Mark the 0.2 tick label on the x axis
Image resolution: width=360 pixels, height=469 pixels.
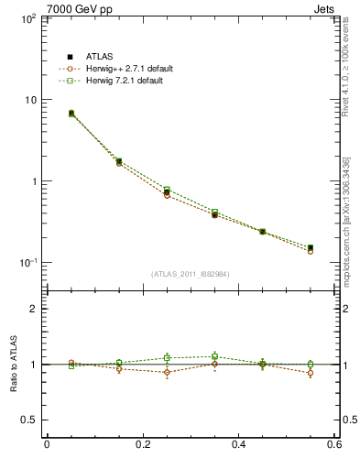click(143, 444)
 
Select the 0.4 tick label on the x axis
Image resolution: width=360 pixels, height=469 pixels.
click(239, 444)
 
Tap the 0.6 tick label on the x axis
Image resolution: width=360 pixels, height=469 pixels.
click(334, 444)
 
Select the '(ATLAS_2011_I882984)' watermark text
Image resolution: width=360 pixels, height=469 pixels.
click(191, 274)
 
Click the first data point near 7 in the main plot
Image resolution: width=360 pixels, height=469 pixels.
click(71, 114)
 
